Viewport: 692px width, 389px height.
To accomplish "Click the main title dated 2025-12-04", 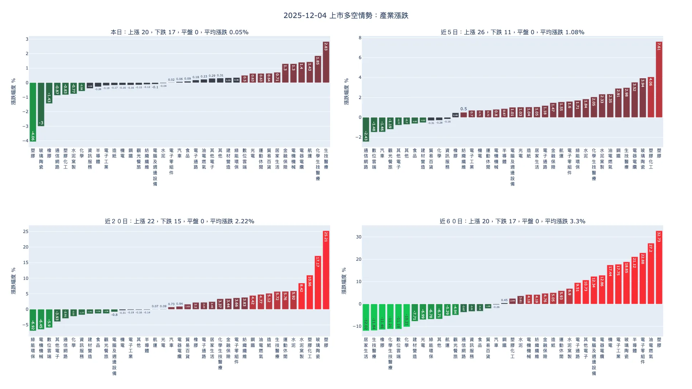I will pos(346,15).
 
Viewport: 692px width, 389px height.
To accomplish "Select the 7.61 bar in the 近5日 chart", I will pos(659,80).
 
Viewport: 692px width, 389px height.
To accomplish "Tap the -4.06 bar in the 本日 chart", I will pos(33,112).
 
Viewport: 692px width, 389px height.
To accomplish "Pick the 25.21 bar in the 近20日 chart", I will pos(326,270).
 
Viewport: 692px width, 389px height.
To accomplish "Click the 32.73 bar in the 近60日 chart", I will pos(659,268).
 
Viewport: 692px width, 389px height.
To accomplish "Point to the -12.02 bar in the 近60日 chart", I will pos(366,317).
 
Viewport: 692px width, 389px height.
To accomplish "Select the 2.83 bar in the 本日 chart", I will pos(326,62).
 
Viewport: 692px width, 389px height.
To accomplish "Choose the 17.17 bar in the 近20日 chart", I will pos(318,283).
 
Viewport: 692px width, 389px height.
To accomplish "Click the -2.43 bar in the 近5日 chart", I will pos(366,129).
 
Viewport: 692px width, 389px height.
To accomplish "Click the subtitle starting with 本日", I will pos(179,32).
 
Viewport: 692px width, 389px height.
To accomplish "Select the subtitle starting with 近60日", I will pos(512,221).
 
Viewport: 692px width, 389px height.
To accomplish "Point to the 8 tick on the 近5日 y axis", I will pos(360,38).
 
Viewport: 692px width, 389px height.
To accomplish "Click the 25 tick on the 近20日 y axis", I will pos(26,232).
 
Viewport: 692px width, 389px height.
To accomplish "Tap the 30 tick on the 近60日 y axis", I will pos(359,237).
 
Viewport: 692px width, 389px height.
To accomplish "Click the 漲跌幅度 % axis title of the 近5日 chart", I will pos(346,91).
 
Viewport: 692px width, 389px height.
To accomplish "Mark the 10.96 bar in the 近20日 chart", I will pos(310,292).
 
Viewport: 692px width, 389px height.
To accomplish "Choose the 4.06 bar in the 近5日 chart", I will pos(651,97).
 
